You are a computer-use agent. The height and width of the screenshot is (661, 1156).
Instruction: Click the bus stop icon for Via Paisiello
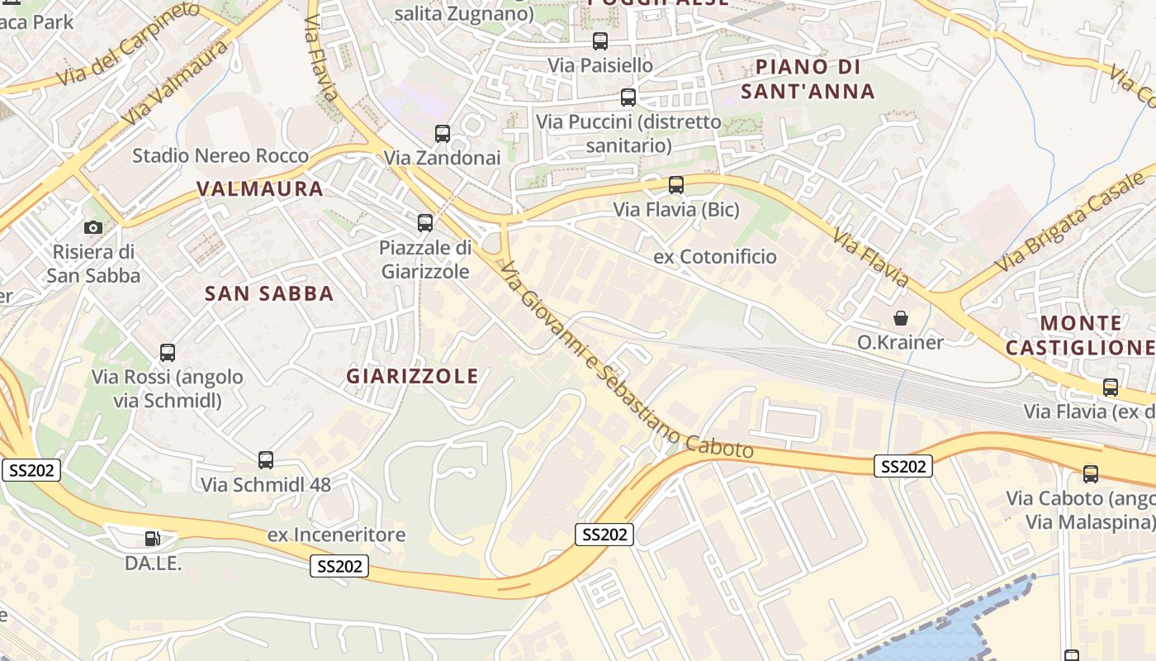tap(600, 40)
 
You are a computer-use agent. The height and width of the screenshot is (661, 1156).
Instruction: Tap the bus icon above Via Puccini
tap(628, 97)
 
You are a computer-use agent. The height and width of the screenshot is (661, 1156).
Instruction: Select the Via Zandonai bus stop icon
tap(443, 133)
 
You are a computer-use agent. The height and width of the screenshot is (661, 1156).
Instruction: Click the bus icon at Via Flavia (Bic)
tap(676, 185)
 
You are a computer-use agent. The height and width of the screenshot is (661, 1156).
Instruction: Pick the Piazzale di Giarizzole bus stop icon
tap(425, 222)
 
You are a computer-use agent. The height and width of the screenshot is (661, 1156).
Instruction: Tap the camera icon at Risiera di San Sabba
tap(93, 227)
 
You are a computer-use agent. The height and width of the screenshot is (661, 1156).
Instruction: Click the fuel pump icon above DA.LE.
tap(153, 539)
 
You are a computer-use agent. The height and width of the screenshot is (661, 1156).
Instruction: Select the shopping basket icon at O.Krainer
tap(900, 318)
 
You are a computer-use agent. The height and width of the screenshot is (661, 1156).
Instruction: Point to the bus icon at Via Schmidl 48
tap(266, 460)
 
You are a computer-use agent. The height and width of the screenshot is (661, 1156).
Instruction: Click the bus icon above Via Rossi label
tap(168, 353)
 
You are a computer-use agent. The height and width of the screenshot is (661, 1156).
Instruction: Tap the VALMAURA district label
tap(260, 189)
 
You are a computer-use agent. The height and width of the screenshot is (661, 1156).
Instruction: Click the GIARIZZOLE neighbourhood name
tap(412, 377)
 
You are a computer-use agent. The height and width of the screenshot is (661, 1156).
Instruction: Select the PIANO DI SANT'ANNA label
tap(808, 79)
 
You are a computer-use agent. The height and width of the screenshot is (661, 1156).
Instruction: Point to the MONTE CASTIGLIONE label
tap(1080, 335)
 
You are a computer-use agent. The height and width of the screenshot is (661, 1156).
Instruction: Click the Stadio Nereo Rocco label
tap(220, 155)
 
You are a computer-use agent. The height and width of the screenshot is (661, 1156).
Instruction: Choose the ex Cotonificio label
tap(715, 257)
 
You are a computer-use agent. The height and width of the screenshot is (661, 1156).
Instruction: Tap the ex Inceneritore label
tap(337, 535)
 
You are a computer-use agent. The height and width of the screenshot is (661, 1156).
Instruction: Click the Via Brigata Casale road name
tap(1073, 223)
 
